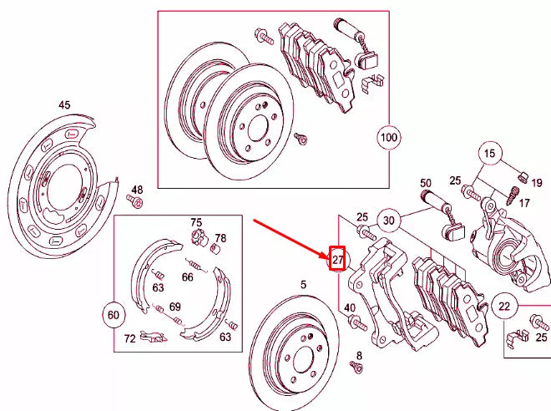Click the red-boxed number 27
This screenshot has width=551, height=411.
point(338,260)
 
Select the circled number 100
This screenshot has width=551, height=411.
point(389,136)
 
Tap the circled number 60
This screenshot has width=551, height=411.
point(114,314)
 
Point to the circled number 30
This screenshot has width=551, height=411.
point(388,221)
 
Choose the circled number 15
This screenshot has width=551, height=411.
point(490,154)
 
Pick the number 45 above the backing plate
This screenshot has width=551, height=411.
point(64,104)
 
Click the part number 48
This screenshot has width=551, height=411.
point(137,190)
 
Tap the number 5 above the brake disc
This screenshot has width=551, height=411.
point(303,284)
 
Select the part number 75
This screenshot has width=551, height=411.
point(196,222)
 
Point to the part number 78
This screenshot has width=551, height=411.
point(220,238)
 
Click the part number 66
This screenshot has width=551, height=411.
point(187,277)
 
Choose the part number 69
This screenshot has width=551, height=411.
point(174,307)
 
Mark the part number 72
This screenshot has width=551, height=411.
point(129,338)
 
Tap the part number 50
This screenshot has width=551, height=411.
point(425,183)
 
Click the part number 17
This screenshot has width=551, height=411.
point(523,202)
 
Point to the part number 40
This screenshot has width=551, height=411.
point(350,308)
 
